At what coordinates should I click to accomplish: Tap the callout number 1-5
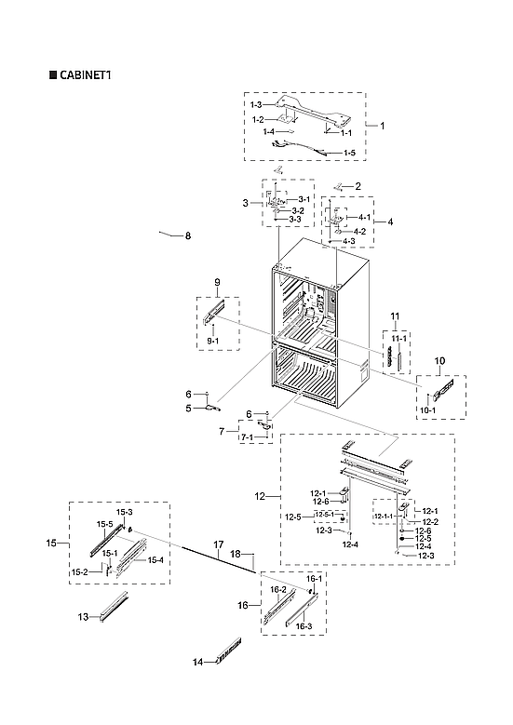point(349,152)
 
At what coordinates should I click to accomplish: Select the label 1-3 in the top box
point(255,106)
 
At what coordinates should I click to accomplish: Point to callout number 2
point(357,186)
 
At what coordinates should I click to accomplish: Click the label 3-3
point(294,219)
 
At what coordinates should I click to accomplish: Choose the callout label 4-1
point(363,217)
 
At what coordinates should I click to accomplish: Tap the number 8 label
point(187,236)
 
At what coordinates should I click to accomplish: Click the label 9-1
point(213,342)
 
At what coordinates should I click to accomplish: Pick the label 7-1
point(248,436)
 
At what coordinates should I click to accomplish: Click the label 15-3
point(124,513)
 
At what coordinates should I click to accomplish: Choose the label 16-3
point(304,626)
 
